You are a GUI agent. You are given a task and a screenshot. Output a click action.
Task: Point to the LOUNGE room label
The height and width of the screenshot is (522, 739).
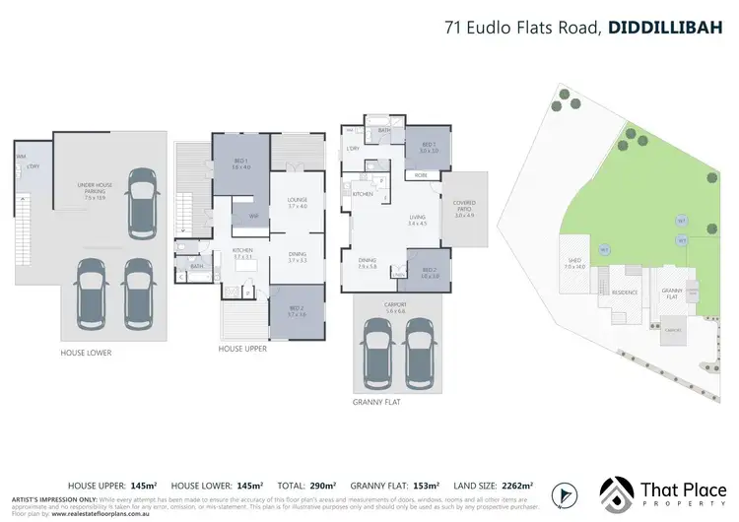pos(299,201)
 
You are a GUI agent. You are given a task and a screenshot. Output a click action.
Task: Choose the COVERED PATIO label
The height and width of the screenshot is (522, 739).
pos(464,207)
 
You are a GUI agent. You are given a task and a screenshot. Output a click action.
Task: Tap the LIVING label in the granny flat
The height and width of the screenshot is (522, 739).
pos(419,220)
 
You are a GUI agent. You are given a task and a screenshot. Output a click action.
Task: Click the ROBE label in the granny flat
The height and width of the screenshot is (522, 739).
pos(421,174)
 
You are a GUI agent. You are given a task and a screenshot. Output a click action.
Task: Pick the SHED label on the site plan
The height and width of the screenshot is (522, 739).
pos(574,262)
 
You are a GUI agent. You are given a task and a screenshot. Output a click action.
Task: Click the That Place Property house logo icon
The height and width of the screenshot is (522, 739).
pos(618,492)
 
